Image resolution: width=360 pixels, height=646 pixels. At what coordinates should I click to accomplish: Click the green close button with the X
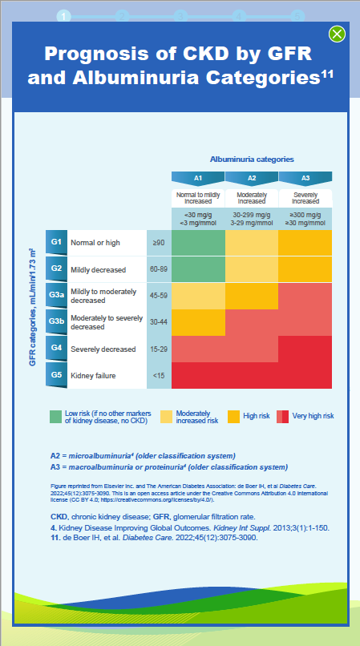pyautogui.click(x=338, y=34)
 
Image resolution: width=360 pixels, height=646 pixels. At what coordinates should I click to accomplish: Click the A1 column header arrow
pyautogui.click(x=198, y=178)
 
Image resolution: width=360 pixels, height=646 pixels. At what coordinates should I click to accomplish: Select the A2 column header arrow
pyautogui.click(x=252, y=178)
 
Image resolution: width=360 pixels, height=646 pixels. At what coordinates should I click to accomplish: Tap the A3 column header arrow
pyautogui.click(x=305, y=178)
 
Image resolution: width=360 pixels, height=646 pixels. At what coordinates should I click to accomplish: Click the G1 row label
pyautogui.click(x=56, y=241)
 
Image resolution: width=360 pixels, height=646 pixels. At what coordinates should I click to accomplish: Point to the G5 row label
pyautogui.click(x=56, y=375)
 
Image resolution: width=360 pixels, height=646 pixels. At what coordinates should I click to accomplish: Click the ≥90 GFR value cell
pyautogui.click(x=158, y=242)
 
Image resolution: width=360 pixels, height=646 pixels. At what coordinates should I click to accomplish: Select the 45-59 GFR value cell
pyautogui.click(x=158, y=295)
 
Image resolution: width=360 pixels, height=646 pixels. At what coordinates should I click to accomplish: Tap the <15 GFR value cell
pyautogui.click(x=158, y=375)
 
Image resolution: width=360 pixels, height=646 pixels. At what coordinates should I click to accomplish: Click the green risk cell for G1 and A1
pyautogui.click(x=198, y=242)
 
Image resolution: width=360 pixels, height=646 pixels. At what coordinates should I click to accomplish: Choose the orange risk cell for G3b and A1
pyautogui.click(x=198, y=321)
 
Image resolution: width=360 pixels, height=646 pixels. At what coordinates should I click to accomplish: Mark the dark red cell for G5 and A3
pyautogui.click(x=305, y=375)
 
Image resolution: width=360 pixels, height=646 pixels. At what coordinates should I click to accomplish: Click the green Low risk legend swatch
pyautogui.click(x=55, y=416)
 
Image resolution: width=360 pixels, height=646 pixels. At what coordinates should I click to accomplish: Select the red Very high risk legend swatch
pyautogui.click(x=283, y=416)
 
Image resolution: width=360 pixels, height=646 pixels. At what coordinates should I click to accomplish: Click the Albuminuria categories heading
pyautogui.click(x=252, y=159)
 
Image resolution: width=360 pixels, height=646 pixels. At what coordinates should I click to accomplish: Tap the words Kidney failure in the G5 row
pyautogui.click(x=95, y=375)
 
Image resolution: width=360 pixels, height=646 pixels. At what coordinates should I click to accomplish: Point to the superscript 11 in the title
pyautogui.click(x=327, y=73)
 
